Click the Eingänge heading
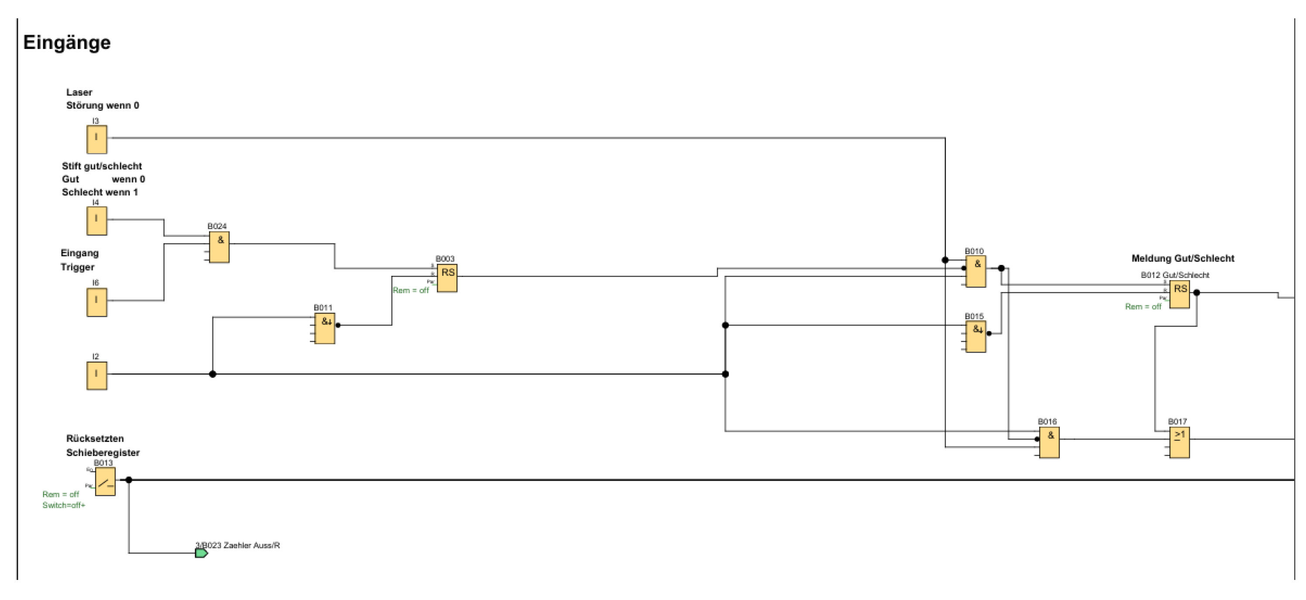pos(66,43)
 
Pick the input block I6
pos(96,302)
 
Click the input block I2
pos(96,375)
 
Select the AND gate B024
pos(219,247)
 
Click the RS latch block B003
pos(447,278)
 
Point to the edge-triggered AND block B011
pos(325,328)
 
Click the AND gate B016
pos(1049,442)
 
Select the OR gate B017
pos(1179,442)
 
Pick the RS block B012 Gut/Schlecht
pos(1179,294)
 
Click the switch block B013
pos(105,481)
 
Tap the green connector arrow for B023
pos(201,553)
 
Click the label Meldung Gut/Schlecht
pos(1183,258)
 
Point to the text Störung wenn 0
pos(103,106)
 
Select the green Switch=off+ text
pos(64,505)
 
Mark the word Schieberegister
pos(103,453)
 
